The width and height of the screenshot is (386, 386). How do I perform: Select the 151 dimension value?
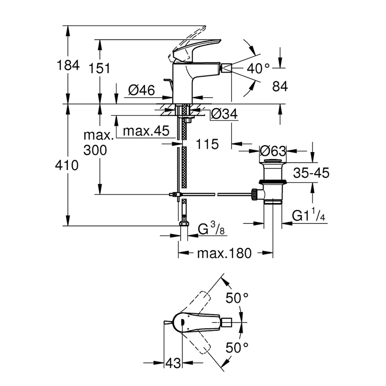click(x=99, y=69)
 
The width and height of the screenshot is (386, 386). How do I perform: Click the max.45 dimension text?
click(x=147, y=132)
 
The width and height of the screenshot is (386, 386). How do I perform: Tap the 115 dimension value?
click(x=208, y=144)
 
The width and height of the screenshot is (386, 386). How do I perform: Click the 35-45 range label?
click(x=311, y=173)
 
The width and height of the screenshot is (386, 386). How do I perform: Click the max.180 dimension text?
click(x=224, y=253)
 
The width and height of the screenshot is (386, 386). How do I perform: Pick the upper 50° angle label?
click(x=238, y=298)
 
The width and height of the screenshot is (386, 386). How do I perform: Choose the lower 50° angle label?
click(x=238, y=348)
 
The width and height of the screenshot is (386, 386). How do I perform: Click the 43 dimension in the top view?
click(x=173, y=363)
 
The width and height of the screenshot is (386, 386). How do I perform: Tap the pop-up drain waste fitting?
click(x=272, y=184)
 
